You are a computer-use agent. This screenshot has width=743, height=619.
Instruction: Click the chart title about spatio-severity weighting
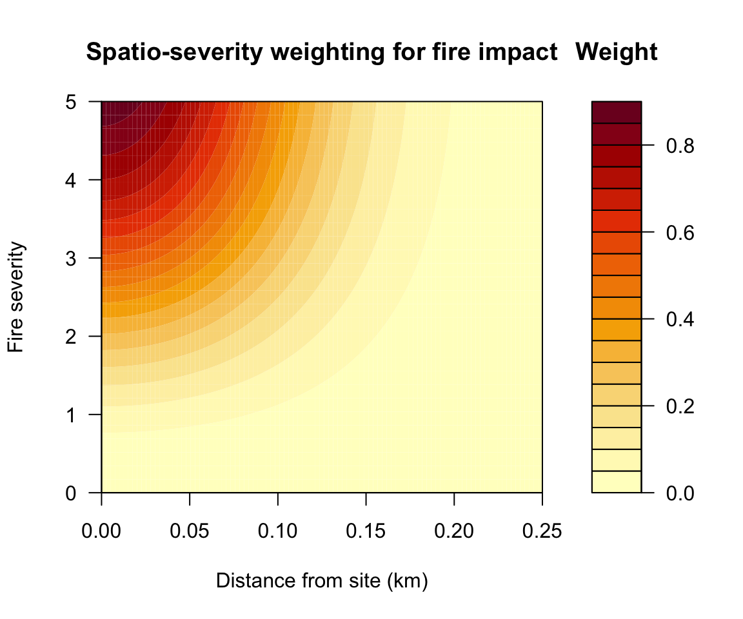[x=321, y=52]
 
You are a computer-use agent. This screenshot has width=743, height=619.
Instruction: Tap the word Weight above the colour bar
[x=617, y=52]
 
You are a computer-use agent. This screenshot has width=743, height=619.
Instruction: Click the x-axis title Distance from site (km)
[x=322, y=581]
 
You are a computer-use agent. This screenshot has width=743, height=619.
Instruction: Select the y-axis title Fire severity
[x=17, y=297]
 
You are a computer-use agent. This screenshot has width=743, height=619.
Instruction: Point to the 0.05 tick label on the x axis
[x=190, y=532]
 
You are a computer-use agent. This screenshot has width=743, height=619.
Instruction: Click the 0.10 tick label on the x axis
[x=278, y=532]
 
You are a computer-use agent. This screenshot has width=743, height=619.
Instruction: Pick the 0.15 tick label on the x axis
[x=366, y=532]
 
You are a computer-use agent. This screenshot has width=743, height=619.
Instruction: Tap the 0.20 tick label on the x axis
[x=454, y=532]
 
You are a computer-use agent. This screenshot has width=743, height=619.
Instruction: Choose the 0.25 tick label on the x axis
[x=542, y=532]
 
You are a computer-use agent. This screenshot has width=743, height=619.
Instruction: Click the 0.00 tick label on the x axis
[x=102, y=532]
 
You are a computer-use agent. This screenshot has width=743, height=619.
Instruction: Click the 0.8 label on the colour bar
[x=680, y=146]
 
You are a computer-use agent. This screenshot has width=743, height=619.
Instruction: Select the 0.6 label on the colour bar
[x=680, y=232]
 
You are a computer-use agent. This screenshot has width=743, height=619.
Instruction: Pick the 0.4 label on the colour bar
[x=680, y=319]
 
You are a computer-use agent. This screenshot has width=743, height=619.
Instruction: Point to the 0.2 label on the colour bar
[x=680, y=406]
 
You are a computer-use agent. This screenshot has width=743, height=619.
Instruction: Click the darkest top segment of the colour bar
[x=617, y=112]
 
